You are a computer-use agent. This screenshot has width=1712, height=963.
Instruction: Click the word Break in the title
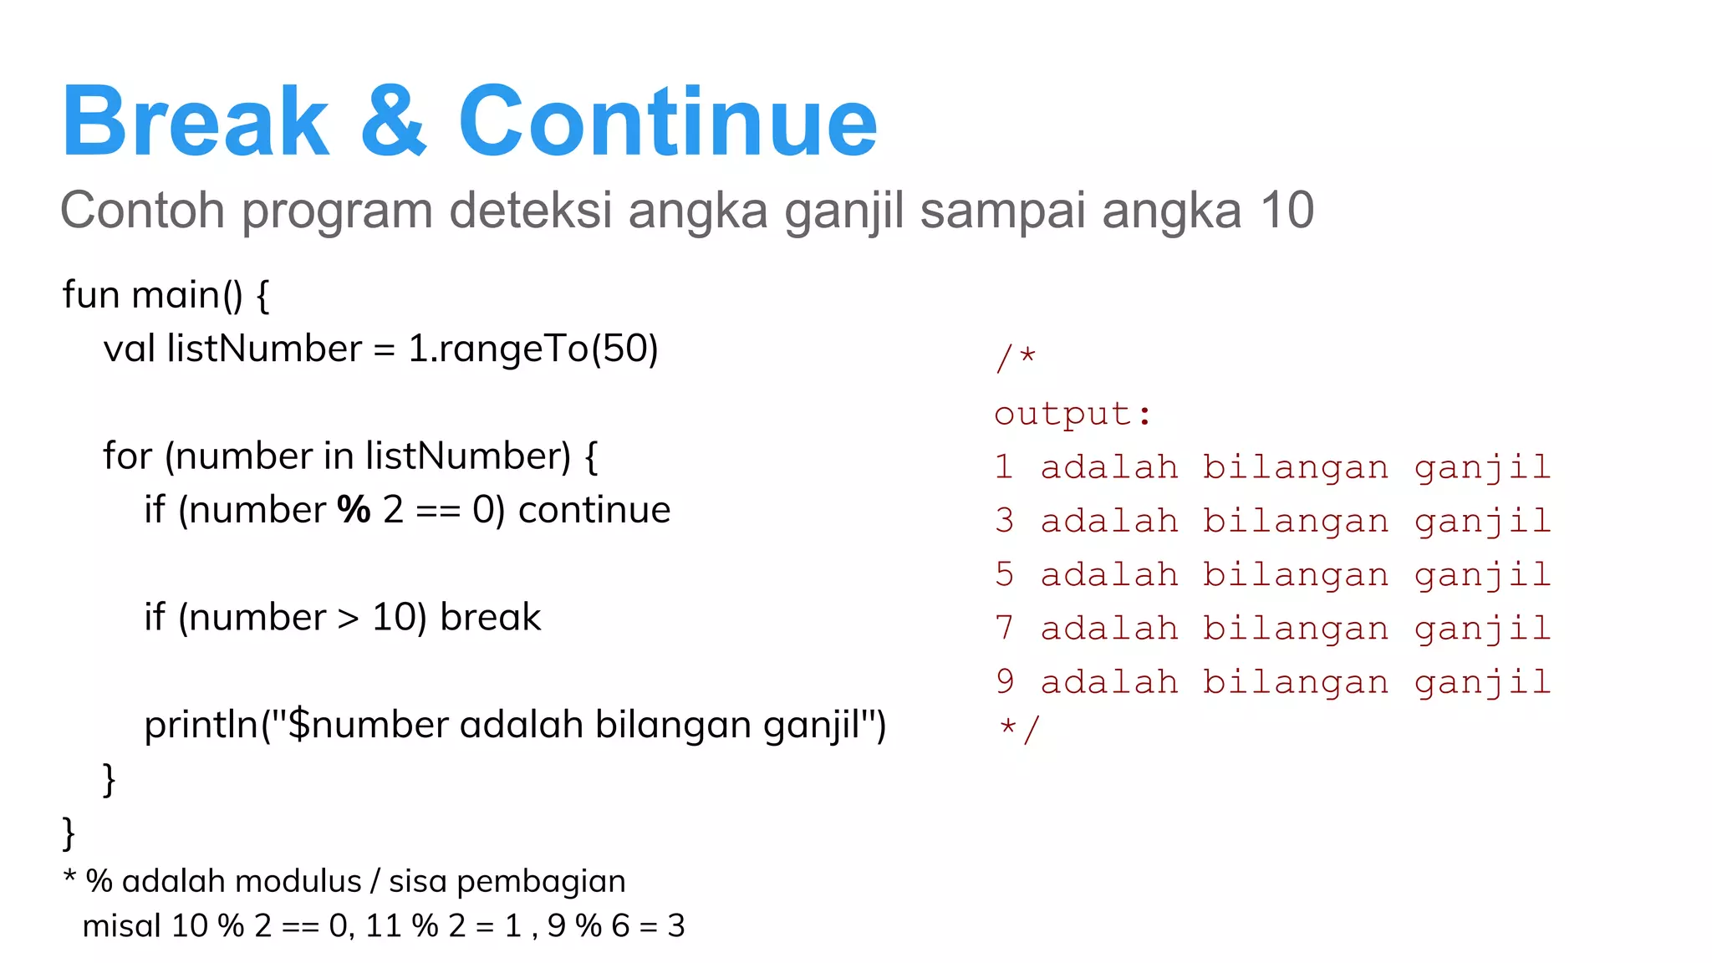point(196,121)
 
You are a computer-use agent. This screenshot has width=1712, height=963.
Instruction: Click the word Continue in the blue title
point(667,121)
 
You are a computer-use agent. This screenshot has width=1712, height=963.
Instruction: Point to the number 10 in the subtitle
point(1287,210)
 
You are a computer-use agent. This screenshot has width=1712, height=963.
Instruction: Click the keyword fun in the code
point(90,295)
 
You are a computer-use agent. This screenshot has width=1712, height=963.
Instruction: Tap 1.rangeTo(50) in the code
point(532,349)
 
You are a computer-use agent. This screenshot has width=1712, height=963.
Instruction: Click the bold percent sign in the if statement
point(354,510)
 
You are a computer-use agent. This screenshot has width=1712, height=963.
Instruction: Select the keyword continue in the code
point(594,510)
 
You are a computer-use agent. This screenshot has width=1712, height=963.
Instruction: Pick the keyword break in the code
point(491,618)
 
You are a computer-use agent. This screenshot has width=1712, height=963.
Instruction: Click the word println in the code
point(201,725)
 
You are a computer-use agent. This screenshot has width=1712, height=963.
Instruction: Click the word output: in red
point(1073,415)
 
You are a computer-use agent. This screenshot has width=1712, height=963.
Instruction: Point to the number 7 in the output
point(1004,629)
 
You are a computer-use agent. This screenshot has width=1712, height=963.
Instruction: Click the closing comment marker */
point(1018,729)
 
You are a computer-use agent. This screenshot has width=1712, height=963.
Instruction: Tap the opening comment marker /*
point(1016,359)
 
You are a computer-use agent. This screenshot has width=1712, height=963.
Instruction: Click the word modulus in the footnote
point(310,882)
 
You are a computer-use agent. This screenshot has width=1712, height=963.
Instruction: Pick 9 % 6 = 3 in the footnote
point(616,926)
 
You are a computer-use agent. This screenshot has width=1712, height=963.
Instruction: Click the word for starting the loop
point(127,456)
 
